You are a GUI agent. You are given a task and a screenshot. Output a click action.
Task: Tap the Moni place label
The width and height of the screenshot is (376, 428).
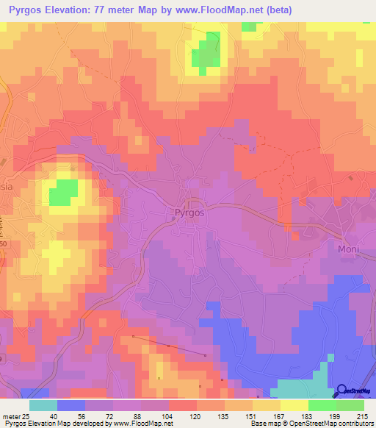(x=348, y=249)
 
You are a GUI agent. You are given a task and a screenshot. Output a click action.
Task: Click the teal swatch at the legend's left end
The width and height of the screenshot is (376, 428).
(x=43, y=405)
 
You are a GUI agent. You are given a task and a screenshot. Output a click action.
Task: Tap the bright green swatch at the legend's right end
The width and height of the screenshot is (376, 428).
(x=350, y=405)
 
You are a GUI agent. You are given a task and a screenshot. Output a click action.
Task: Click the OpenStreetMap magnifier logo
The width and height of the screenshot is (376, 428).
(x=341, y=391)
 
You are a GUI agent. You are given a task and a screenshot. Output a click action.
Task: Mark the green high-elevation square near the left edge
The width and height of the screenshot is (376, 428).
(x=63, y=193)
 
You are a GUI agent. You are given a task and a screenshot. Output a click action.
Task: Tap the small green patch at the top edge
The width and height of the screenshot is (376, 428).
(x=250, y=26)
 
